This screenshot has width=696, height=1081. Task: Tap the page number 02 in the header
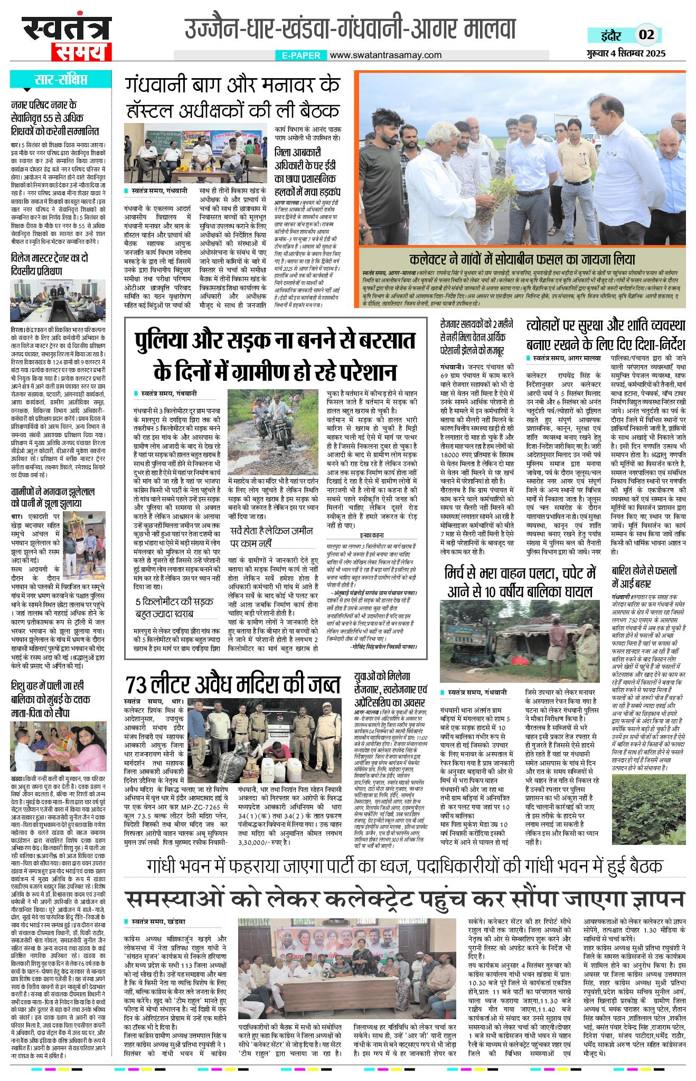tap(646, 35)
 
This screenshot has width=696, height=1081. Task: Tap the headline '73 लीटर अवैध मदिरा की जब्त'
tap(233, 685)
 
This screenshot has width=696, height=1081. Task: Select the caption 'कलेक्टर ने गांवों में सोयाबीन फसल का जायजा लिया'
tap(522, 259)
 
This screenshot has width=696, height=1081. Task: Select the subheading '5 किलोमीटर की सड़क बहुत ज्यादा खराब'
tap(173, 607)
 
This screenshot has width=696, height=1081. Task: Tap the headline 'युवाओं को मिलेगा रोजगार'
tap(390, 687)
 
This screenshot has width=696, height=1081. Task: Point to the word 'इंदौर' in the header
tap(611, 35)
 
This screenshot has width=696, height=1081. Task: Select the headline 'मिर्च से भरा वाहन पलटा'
tap(521, 582)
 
